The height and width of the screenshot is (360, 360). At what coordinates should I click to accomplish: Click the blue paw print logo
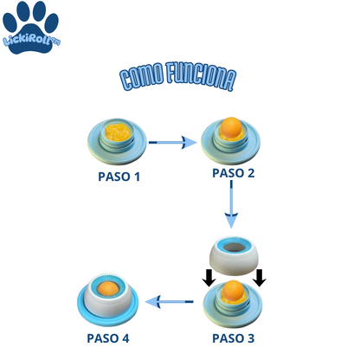pos(30,28)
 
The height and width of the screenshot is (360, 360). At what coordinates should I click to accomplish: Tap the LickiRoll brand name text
pos(31,40)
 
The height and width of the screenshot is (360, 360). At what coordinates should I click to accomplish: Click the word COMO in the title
pos(142,75)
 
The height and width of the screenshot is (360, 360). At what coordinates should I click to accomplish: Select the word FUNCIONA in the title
pos(202,76)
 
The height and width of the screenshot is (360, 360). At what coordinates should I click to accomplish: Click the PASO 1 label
pos(119,177)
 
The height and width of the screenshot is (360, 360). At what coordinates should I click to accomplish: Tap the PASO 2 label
pos(234,173)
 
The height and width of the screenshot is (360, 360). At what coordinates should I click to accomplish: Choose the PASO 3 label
pos(234,338)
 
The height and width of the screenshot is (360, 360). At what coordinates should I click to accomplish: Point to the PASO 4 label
pos(108,338)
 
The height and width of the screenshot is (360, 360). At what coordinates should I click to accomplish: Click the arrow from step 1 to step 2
pos(172,142)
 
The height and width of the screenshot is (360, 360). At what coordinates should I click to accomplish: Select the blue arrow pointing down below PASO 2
pos(231,204)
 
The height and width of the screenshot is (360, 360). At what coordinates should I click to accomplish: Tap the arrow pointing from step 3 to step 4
pos(170,302)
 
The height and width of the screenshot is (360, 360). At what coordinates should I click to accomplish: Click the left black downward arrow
pos(209,278)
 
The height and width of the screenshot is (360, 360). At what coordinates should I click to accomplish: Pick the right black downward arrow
pos(260,278)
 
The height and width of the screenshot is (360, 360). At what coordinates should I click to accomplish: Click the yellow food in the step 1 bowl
pos(118,132)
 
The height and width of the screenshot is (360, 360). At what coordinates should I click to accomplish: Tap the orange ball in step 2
pos(231,127)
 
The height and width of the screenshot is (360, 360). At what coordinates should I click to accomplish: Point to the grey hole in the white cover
pos(235,247)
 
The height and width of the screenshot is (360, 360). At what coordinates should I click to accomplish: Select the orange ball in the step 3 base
pos(233,291)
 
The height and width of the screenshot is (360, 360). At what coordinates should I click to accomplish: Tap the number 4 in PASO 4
pos(125,338)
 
